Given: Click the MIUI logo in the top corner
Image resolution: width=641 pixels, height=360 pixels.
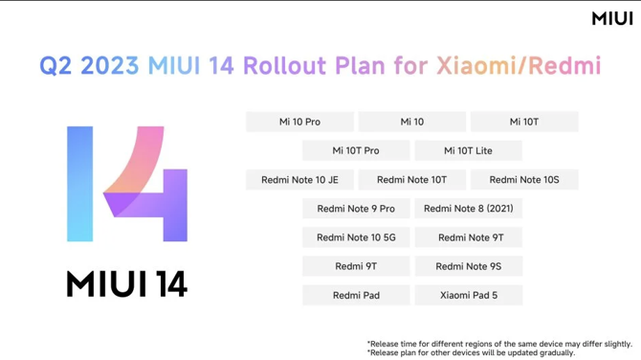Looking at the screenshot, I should pos(612,18).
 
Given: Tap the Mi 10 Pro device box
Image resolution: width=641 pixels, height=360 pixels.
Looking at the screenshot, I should pos(299,122).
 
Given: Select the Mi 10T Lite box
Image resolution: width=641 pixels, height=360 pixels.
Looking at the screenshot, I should pos(468,150).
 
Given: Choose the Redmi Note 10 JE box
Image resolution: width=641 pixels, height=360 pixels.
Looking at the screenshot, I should pos(299,179).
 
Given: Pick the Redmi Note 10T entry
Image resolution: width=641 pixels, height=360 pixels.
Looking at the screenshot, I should pos(411,179).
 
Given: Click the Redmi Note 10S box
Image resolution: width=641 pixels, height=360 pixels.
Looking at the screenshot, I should pos(524,179).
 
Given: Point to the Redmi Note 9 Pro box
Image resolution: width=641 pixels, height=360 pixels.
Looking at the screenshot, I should pos(356,208).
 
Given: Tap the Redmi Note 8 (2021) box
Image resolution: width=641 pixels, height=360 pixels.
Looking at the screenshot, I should pos(468,208).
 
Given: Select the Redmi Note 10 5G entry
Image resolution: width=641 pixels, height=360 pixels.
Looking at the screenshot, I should pos(356,237).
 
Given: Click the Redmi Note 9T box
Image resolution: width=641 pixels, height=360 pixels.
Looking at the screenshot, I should pos(468,237).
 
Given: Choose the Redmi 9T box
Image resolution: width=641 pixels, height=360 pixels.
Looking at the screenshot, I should pos(356,266).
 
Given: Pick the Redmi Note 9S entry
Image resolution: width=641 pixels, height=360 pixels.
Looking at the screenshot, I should pos(468,266).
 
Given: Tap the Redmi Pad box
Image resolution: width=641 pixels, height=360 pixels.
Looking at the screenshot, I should pos(356,295).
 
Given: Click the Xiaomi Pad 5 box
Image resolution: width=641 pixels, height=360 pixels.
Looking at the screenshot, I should pos(468,295).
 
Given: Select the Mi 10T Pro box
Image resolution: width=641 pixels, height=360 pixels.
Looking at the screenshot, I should pos(356,150).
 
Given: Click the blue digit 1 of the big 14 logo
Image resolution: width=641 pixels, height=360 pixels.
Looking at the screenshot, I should pos(79,183).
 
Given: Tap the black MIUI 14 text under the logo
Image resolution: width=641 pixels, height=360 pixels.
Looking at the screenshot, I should pos(126,283).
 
